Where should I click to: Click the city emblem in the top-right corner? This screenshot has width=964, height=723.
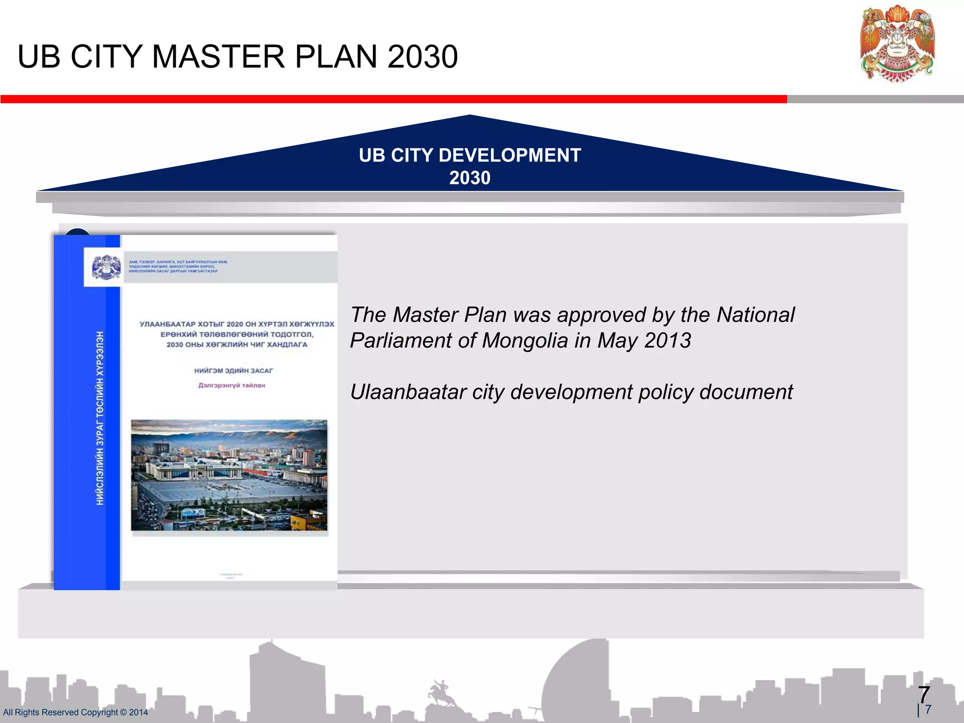(x=897, y=45)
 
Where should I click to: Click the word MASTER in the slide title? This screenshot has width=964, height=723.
(x=218, y=57)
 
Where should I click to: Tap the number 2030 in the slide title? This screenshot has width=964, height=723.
(x=422, y=57)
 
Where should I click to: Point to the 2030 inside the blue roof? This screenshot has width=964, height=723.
(x=469, y=178)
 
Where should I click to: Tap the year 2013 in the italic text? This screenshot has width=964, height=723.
(x=667, y=340)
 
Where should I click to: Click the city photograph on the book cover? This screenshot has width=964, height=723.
(x=229, y=475)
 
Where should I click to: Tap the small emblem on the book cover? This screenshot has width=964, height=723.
(x=106, y=267)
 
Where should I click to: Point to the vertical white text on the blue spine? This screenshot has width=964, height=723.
(x=100, y=418)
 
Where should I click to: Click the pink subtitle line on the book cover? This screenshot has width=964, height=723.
(x=231, y=385)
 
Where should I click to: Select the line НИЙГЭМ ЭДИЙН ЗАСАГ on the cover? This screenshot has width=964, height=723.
(x=233, y=371)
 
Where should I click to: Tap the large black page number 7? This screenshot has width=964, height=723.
(x=924, y=695)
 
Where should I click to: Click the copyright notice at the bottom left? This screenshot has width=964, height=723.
(x=75, y=712)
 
